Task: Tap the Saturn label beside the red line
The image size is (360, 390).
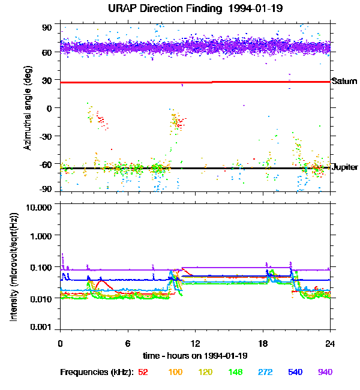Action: [x=343, y=82]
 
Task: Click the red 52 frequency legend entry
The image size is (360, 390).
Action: [x=143, y=372]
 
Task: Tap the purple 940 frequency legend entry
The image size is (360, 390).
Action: [x=325, y=372]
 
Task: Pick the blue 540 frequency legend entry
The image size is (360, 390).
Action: [x=295, y=372]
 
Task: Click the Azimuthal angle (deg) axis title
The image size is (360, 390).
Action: [x=28, y=108]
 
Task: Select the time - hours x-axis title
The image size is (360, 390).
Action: [x=195, y=356]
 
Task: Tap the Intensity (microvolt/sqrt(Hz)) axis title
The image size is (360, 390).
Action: [x=13, y=266]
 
